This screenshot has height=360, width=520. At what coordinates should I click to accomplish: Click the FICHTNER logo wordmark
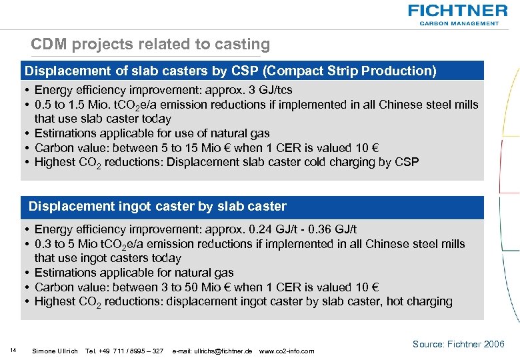(457, 11)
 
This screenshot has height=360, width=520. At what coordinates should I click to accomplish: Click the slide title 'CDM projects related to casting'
(150, 45)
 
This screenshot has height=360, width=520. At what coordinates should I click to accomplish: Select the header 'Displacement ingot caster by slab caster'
(157, 207)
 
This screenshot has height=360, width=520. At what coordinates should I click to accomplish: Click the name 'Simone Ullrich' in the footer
(55, 351)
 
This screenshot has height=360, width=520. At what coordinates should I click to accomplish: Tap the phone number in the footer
(125, 351)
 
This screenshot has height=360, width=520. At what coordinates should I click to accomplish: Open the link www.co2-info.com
(286, 351)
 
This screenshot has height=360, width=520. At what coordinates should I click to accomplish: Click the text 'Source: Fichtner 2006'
(458, 344)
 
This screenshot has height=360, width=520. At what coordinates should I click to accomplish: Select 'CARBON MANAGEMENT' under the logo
(459, 23)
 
